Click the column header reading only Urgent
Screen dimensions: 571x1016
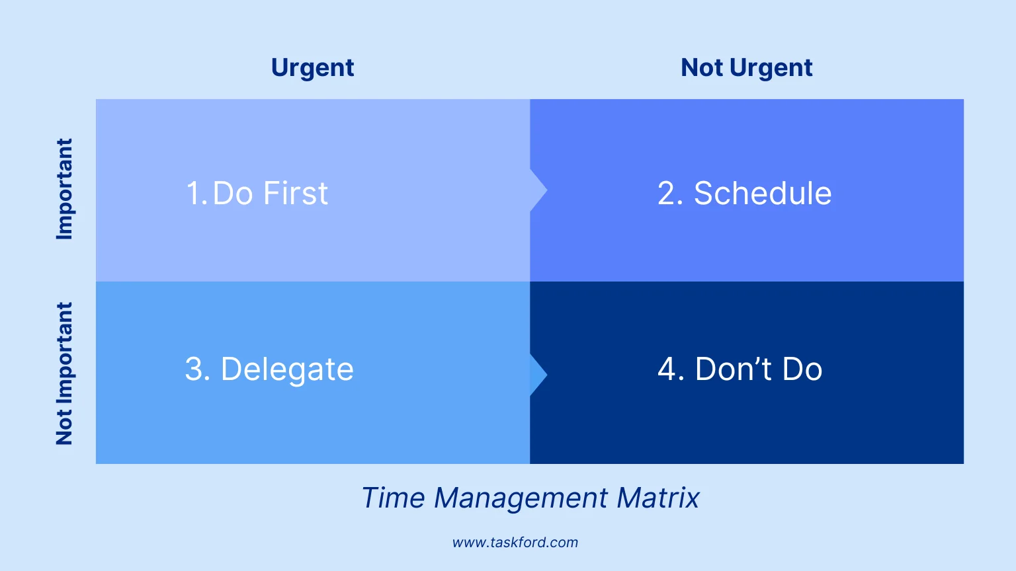[x=312, y=68]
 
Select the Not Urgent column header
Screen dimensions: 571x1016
[x=746, y=68]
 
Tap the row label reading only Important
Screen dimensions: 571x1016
[x=64, y=189]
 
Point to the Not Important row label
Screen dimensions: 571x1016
[x=64, y=373]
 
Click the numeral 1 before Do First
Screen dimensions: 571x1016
[x=193, y=194]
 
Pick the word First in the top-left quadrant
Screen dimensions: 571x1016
[x=295, y=194]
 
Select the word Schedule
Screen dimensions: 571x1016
[x=762, y=194]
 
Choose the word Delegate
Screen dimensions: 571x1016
[x=287, y=369]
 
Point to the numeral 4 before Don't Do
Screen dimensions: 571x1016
[x=667, y=369]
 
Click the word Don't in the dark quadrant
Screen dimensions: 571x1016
[x=734, y=369]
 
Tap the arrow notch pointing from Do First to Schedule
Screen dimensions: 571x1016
[x=538, y=191]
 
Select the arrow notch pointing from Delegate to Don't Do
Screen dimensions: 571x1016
[x=538, y=375]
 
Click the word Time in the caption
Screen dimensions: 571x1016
[x=393, y=498]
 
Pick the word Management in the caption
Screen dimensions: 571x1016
[x=521, y=498]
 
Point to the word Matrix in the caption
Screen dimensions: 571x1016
[x=657, y=498]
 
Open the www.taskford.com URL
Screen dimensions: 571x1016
[x=515, y=543]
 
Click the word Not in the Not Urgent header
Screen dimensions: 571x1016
[x=702, y=68]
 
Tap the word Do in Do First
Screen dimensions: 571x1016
[x=233, y=194]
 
